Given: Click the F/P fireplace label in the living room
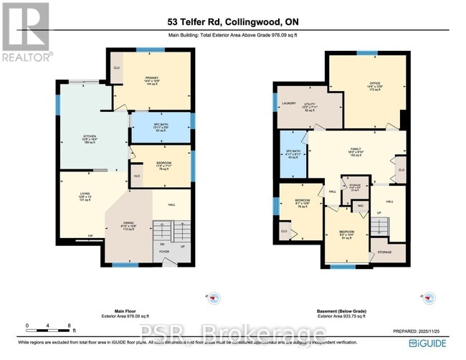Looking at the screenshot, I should (x=70, y=236).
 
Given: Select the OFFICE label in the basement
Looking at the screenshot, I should (x=374, y=85).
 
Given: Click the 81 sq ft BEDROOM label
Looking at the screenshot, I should (x=346, y=235).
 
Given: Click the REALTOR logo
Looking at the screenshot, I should (x=27, y=32).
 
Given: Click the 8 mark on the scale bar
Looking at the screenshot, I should (x=69, y=326).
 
